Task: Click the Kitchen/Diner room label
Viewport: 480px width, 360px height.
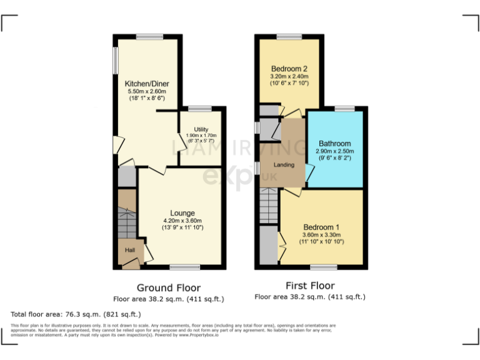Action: pyautogui.click(x=147, y=84)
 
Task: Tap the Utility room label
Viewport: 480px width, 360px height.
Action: pyautogui.click(x=201, y=129)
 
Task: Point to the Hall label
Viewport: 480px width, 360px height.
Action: pyautogui.click(x=130, y=250)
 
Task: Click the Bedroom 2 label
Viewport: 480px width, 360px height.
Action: pyautogui.click(x=289, y=69)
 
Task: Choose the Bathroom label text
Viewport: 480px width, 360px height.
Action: pyautogui.click(x=334, y=143)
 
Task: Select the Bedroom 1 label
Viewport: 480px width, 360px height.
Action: pyautogui.click(x=321, y=227)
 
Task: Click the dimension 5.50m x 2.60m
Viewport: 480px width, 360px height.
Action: pyautogui.click(x=147, y=91)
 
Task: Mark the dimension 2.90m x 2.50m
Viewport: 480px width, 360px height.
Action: pyautogui.click(x=334, y=151)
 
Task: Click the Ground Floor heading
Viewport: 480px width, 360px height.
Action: pyautogui.click(x=169, y=288)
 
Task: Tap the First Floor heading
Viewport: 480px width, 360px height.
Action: pyautogui.click(x=310, y=286)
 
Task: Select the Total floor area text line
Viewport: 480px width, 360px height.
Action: pyautogui.click(x=76, y=314)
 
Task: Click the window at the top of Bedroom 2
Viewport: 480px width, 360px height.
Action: pyautogui.click(x=289, y=37)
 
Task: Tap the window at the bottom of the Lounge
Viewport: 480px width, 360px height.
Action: pyautogui.click(x=181, y=267)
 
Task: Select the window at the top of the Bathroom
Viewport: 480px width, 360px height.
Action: pyautogui.click(x=344, y=109)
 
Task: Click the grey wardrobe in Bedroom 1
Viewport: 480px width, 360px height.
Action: pyautogui.click(x=268, y=247)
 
